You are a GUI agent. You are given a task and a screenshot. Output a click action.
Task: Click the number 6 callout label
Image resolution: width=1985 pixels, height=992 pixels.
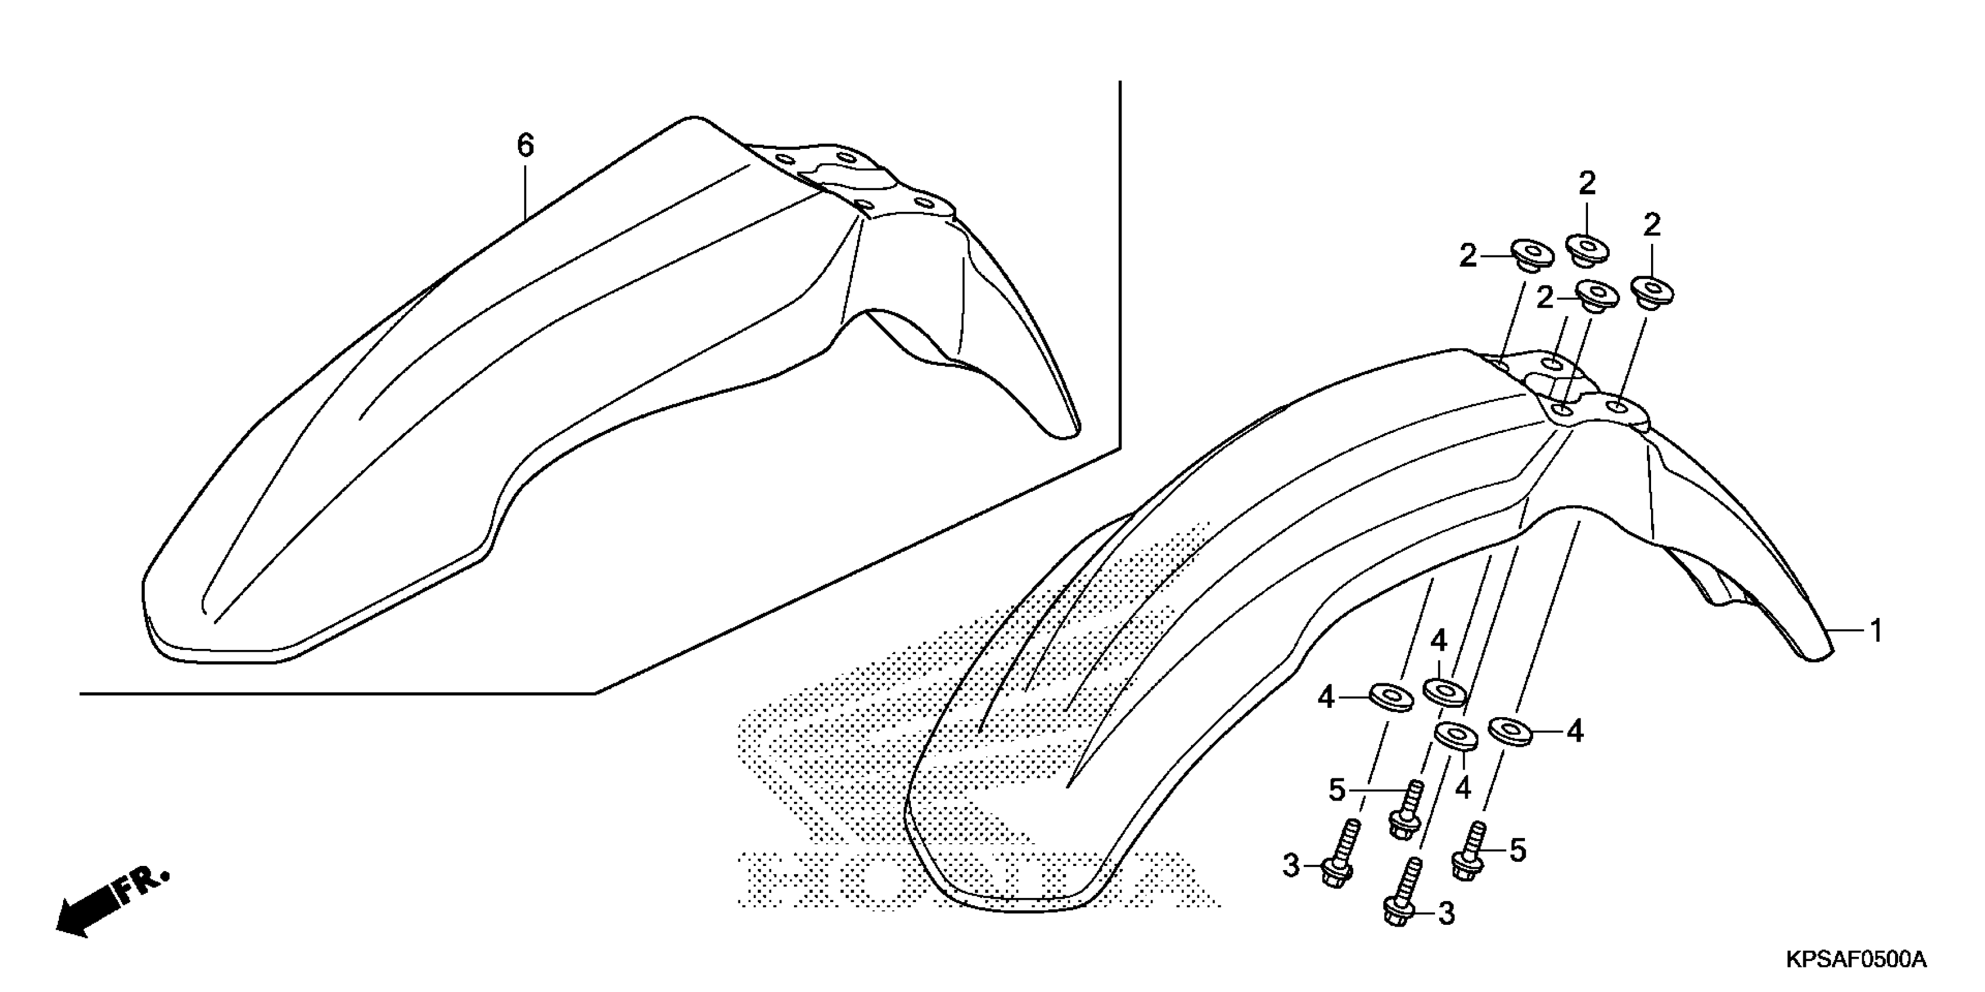click(525, 145)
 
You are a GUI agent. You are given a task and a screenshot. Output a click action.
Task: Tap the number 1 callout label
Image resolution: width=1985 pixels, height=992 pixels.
click(1876, 631)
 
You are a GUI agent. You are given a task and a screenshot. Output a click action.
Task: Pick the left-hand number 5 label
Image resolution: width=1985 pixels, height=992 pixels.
click(1337, 790)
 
